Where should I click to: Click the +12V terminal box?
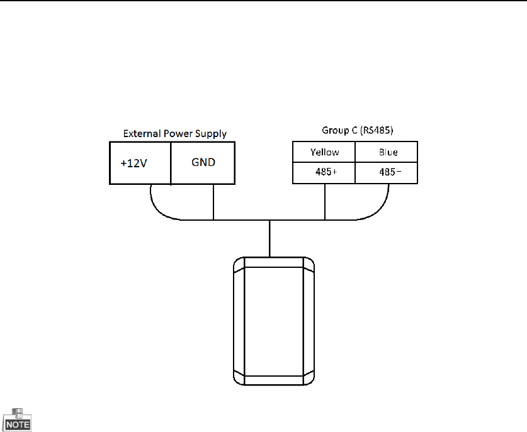coord(140,163)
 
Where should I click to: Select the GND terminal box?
coord(203,163)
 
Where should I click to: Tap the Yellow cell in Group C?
coord(324,152)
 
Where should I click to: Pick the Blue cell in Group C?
coord(387,152)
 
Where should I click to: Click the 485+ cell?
coord(324,173)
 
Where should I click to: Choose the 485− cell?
coord(387,173)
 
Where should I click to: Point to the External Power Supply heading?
coord(174,133)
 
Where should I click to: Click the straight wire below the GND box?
coord(214,201)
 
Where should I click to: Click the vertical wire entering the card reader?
coord(269,238)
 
